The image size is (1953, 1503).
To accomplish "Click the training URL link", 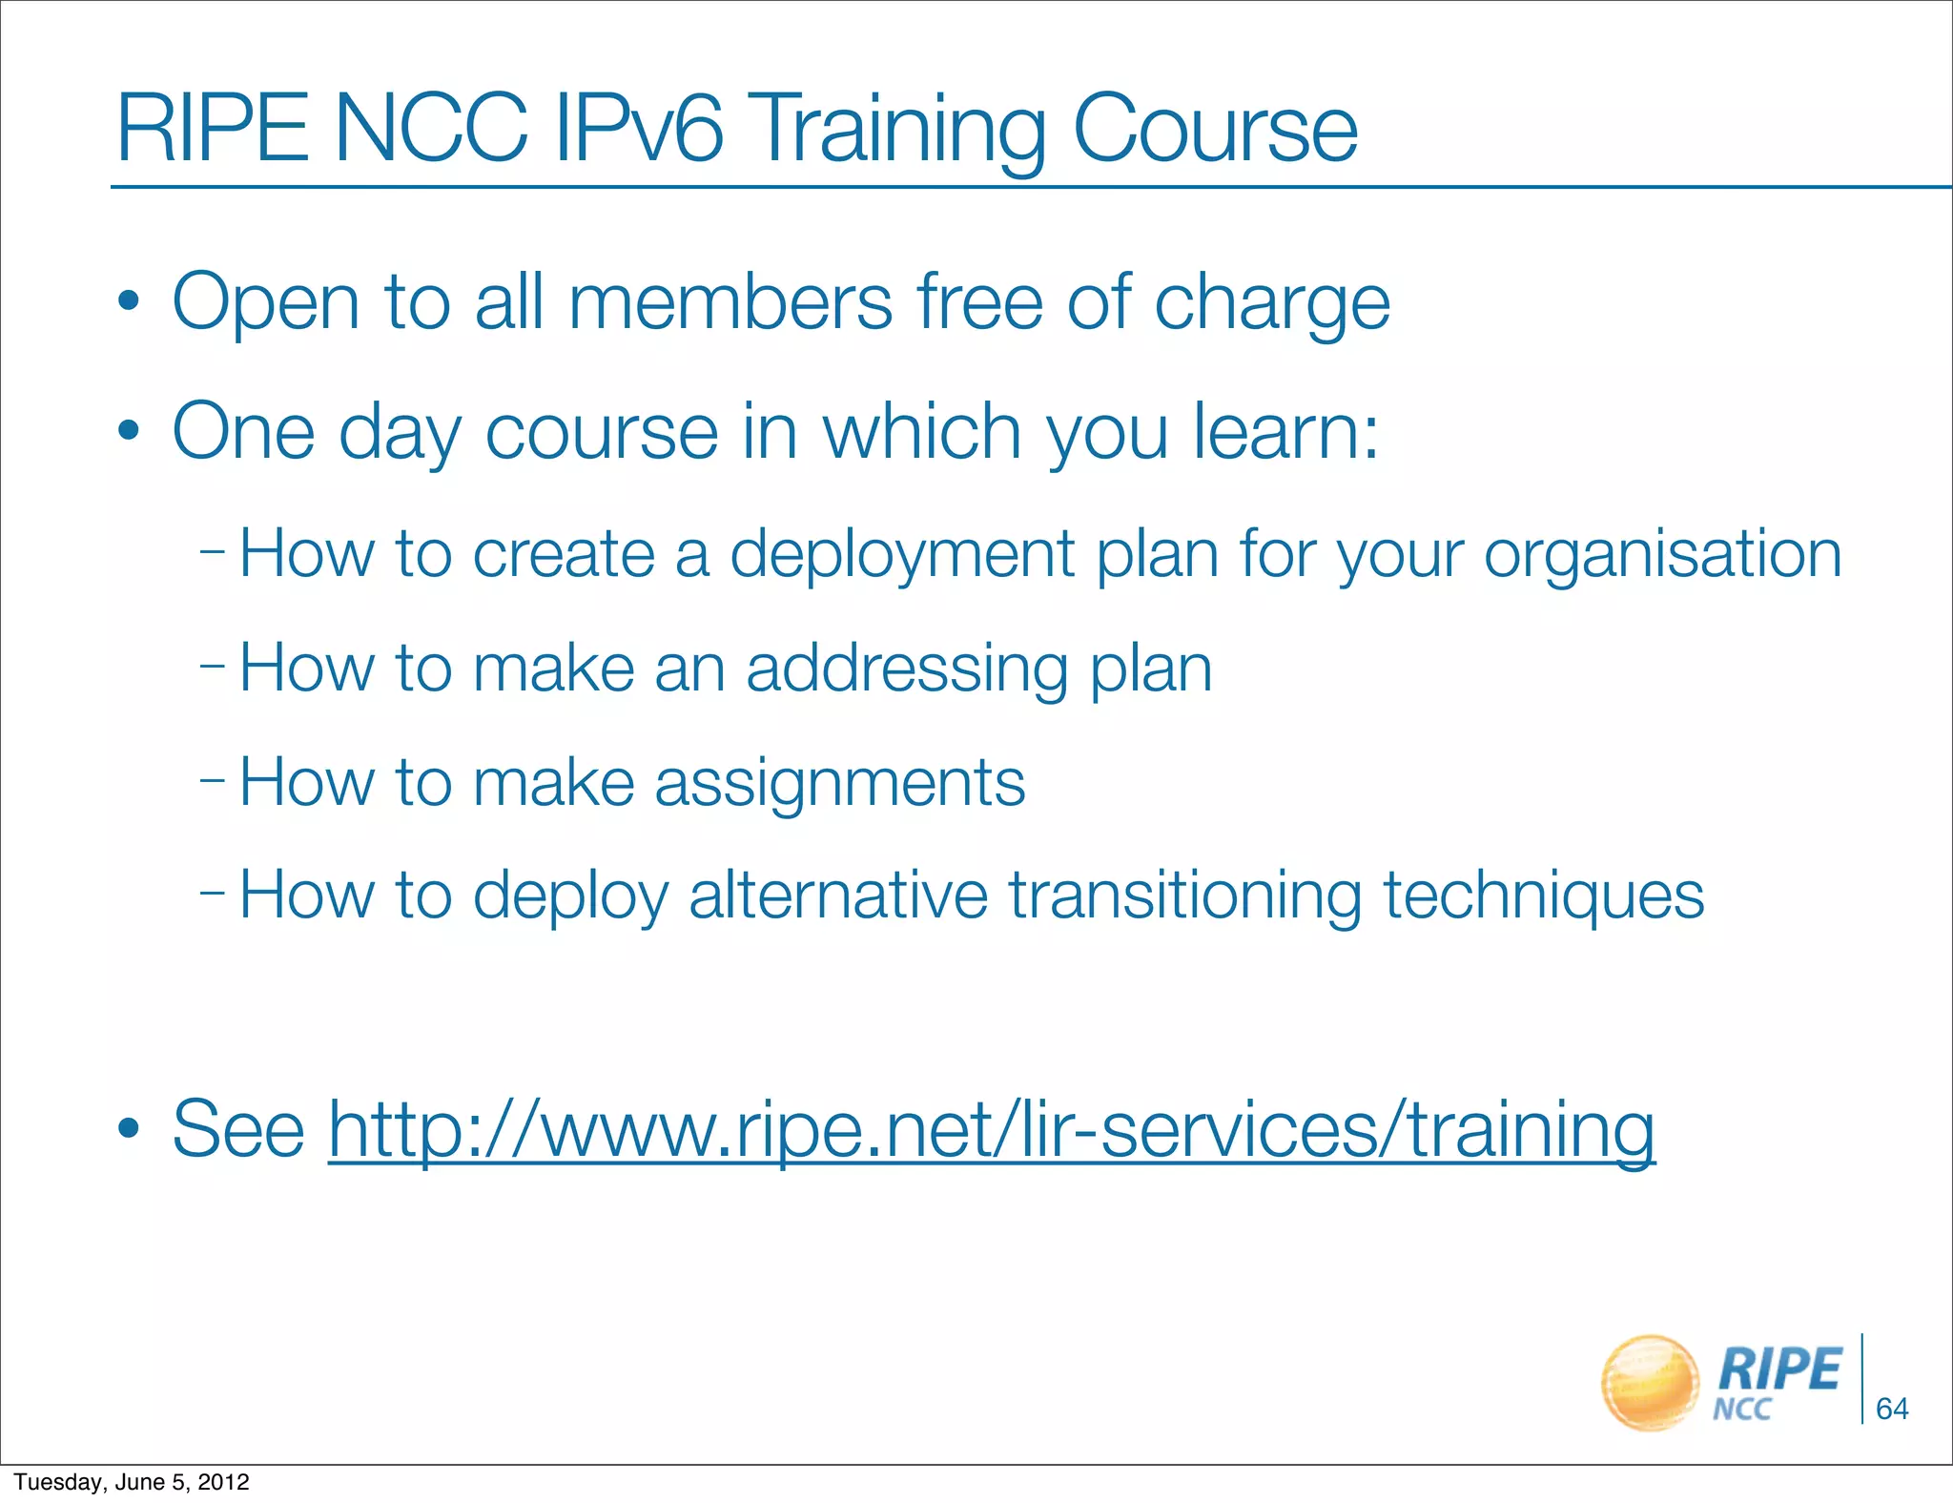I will (x=992, y=1129).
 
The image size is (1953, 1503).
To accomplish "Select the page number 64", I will (x=1892, y=1409).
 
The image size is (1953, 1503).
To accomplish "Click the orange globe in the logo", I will (x=1650, y=1383).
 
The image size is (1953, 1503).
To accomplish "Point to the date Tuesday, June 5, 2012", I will (x=132, y=1482).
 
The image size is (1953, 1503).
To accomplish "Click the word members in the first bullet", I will (x=730, y=302).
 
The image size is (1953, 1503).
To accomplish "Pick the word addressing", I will (x=907, y=669).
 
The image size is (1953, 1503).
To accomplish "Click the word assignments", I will (x=839, y=784).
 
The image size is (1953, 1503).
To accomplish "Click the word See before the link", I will (x=238, y=1129).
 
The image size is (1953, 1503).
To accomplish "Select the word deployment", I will (x=902, y=556).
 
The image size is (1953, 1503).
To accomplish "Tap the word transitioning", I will (x=1185, y=896).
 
